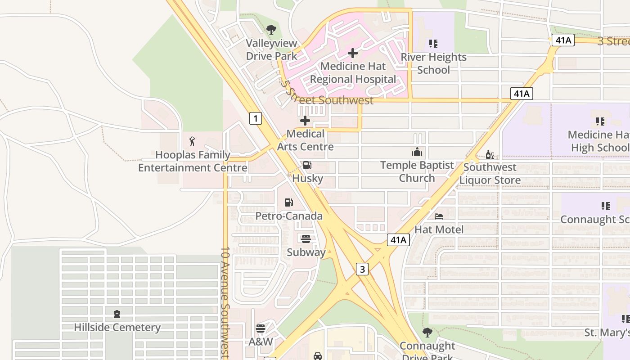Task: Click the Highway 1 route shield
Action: (255, 118)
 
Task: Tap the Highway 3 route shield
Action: (362, 269)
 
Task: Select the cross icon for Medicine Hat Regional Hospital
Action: (353, 53)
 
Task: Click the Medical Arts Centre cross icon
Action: (305, 121)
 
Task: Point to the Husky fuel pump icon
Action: (307, 165)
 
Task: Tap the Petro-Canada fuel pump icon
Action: (289, 202)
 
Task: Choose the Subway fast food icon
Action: (306, 238)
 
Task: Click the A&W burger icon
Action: (261, 328)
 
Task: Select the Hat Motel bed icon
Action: (439, 216)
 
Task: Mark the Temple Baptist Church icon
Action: (417, 152)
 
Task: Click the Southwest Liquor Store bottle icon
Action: (490, 155)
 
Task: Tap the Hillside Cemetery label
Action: (117, 327)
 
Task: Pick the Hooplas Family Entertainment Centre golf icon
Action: (193, 141)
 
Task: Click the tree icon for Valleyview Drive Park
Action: (271, 30)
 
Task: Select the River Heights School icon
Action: (433, 44)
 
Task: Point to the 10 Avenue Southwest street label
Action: (225, 301)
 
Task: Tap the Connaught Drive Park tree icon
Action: (427, 333)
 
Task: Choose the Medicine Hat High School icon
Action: (600, 121)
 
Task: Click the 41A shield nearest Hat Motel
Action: (398, 240)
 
